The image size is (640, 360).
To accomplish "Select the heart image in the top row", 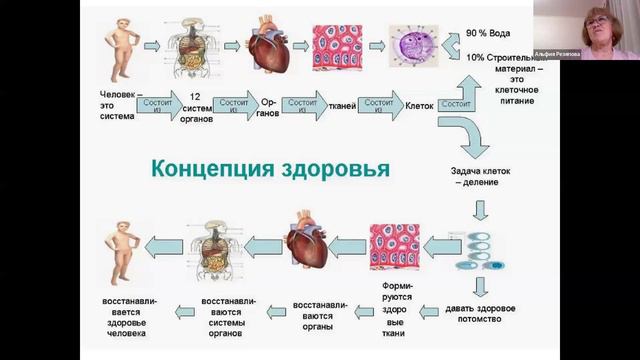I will click(x=273, y=48).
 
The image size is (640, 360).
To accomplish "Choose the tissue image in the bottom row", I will click(x=394, y=246).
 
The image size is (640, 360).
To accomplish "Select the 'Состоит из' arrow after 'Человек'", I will click(x=158, y=105).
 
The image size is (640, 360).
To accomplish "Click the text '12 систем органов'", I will click(x=197, y=105).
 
